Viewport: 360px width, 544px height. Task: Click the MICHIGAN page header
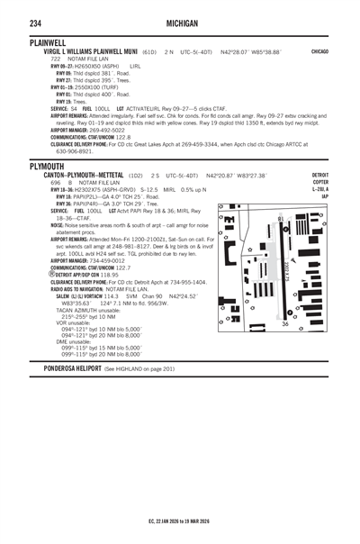coord(180,21)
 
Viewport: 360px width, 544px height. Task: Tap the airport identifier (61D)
coord(150,52)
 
